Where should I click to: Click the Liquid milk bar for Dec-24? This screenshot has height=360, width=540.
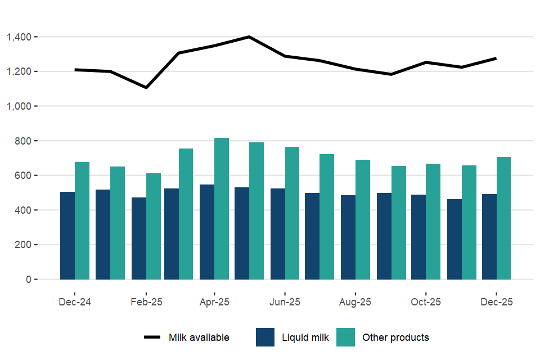67,236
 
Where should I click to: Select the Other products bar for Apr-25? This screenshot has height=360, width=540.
222,209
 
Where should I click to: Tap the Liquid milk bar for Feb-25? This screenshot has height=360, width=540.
139,238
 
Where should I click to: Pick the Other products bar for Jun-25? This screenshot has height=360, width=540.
292,213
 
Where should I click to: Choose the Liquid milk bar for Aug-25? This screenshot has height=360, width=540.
348,237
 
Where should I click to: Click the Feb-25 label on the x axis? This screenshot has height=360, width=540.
146,302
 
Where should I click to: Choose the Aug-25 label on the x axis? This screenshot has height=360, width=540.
355,302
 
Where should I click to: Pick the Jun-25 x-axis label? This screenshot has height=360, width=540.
285,302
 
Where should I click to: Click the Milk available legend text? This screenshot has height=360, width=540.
199,337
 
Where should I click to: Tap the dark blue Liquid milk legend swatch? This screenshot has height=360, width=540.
265,337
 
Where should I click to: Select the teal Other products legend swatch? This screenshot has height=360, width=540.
345,337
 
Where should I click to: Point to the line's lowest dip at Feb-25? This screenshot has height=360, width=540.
146,88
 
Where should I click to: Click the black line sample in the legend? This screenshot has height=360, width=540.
153,337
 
